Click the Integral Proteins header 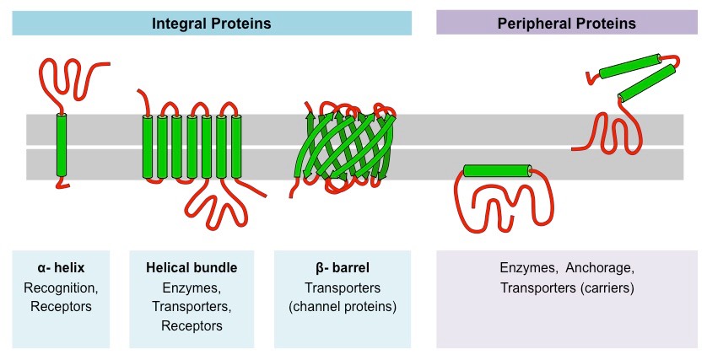[x=211, y=24]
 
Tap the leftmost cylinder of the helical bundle [x=148, y=147]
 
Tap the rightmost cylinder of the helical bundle [x=235, y=147]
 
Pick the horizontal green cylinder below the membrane [x=499, y=171]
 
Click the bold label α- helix [x=61, y=268]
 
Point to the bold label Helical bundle [x=191, y=268]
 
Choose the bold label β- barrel [x=343, y=268]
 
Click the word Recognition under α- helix [x=61, y=287]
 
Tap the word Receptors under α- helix [x=61, y=306]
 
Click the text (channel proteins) [x=343, y=306]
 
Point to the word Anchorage [x=598, y=268]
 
